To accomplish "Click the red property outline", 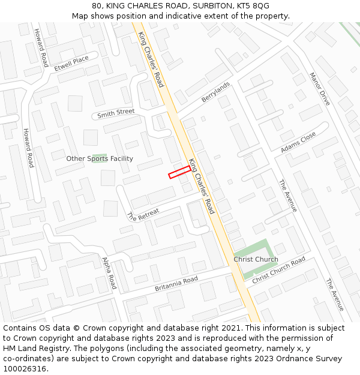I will click(179, 172).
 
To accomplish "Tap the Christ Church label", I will click(256, 259).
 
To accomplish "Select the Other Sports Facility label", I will click(100, 158).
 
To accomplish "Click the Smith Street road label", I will click(116, 113).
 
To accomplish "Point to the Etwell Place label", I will click(71, 63).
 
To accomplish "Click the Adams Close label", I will click(298, 142).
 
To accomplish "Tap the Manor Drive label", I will click(320, 89).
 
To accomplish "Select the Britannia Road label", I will click(176, 284).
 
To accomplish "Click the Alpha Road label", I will click(109, 273).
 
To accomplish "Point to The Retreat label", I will click(143, 214).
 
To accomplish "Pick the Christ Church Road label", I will click(278, 271).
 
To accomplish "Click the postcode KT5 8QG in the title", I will click(254, 6).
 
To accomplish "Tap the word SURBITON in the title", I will click(212, 6).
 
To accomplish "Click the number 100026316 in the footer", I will click(26, 368).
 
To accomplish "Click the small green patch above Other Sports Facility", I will click(100, 156).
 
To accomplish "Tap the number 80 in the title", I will click(97, 6).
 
